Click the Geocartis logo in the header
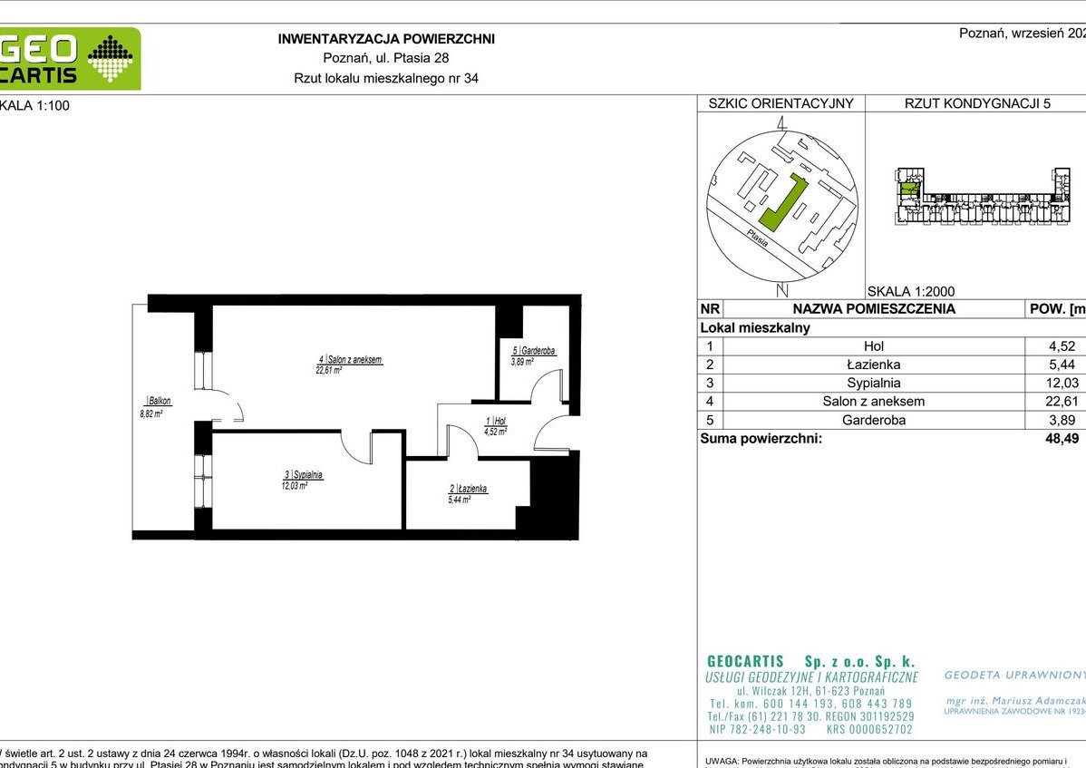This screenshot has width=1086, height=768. coord(70,59)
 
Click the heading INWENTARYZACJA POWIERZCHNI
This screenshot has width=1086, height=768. coord(385,39)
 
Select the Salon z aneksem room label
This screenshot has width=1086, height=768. coord(343,360)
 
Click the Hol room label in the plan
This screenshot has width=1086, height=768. coord(494,421)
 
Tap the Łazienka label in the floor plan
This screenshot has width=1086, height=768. coord(468,488)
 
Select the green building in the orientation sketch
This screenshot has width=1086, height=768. coord(782,202)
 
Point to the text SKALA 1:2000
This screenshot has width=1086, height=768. coord(910,291)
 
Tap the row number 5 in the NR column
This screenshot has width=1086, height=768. coord(709,420)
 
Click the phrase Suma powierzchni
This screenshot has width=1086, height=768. coord(761,439)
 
